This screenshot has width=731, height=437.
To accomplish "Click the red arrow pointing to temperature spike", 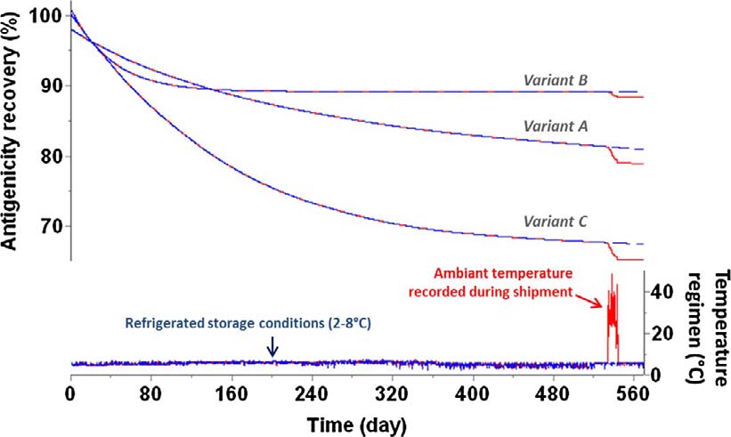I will (590, 303).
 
